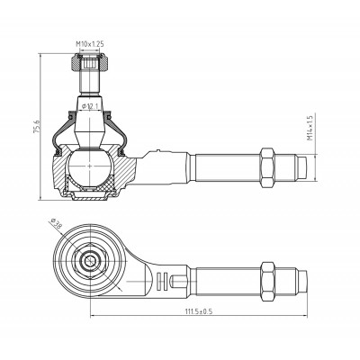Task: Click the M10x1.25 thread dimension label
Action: [x=90, y=44]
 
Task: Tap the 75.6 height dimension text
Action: [x=36, y=127]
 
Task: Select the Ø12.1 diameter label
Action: [x=89, y=106]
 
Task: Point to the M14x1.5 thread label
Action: [x=310, y=128]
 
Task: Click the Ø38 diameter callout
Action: [x=55, y=223]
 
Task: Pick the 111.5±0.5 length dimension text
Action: [x=198, y=311]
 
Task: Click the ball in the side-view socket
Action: [x=90, y=166]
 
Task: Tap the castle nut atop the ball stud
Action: [x=90, y=63]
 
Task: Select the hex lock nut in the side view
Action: [x=267, y=167]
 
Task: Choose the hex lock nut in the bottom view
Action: [x=267, y=281]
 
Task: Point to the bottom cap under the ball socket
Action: [x=89, y=196]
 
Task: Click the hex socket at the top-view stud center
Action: [x=89, y=261]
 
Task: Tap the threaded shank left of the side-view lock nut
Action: [x=228, y=167]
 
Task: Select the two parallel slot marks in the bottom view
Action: [x=161, y=281]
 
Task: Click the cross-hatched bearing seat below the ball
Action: [x=90, y=184]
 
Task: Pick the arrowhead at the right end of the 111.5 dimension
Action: [x=305, y=315]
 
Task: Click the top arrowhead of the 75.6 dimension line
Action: [x=40, y=56]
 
